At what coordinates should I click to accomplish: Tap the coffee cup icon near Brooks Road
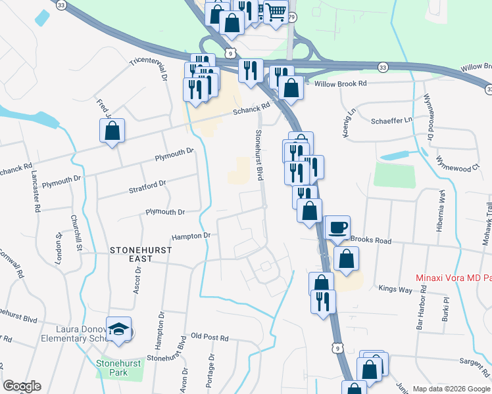[337, 228]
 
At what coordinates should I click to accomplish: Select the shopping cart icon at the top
[276, 11]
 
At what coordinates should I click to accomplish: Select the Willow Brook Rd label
[340, 84]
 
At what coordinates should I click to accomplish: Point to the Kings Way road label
[395, 288]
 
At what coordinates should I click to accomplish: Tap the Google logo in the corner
[22, 386]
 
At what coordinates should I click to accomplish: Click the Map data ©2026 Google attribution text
[451, 388]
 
